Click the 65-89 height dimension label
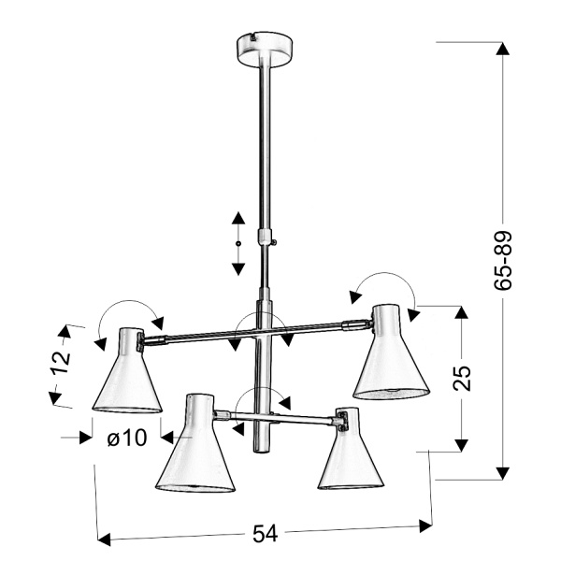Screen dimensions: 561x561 [x=503, y=260]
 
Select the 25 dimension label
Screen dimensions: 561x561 [x=462, y=378]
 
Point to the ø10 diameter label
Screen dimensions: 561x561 [x=127, y=437]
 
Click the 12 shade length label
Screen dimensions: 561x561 [x=61, y=362]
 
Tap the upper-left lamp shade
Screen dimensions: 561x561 [x=127, y=370]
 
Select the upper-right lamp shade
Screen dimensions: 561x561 [x=391, y=352]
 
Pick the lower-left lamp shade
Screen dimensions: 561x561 [x=195, y=443]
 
